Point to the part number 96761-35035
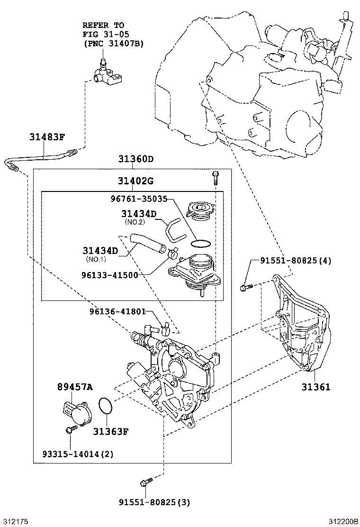tap(133, 200)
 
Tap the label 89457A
tap(75, 387)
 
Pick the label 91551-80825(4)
tap(296, 261)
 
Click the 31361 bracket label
tap(316, 387)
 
